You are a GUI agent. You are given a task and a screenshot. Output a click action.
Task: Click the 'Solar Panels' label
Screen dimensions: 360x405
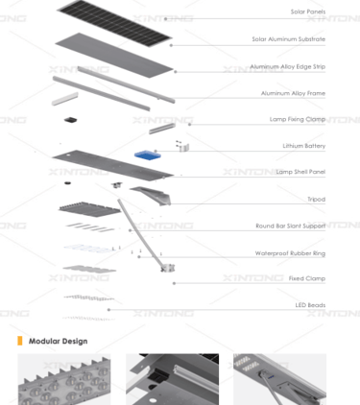308,12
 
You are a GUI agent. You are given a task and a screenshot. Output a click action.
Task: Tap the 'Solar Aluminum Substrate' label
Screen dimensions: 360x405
289,39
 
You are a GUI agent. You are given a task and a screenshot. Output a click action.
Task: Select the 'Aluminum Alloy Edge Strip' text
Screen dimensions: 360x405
288,66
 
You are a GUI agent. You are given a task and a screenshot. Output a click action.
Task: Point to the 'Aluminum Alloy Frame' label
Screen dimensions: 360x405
293,93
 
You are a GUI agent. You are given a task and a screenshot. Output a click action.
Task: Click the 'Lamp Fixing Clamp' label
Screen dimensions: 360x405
298,119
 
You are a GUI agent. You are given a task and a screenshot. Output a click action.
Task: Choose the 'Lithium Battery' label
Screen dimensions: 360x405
304,146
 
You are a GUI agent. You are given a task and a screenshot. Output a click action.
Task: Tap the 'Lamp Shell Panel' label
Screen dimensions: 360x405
300,172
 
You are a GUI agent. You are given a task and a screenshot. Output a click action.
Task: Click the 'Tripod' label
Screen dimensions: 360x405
317,200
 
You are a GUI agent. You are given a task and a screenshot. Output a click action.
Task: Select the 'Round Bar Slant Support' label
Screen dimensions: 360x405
291,226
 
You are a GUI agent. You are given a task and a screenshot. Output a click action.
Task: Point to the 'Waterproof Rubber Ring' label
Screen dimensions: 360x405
290,253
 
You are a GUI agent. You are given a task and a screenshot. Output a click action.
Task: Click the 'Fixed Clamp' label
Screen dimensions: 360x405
307,278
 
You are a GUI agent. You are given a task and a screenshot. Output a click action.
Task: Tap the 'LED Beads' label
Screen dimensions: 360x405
310,305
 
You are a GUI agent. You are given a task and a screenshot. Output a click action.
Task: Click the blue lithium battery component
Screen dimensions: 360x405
148,155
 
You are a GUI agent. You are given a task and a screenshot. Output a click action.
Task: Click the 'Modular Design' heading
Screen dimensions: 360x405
59,341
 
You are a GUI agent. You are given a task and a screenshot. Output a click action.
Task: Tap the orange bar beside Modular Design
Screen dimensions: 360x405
20,341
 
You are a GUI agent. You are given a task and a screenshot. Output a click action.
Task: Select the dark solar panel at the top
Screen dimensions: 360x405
114,22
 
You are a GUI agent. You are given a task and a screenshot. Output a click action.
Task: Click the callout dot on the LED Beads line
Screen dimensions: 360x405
108,310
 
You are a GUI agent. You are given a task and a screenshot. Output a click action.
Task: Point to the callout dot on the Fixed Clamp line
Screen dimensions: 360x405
174,283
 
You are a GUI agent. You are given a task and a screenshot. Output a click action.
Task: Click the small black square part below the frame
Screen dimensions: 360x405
71,120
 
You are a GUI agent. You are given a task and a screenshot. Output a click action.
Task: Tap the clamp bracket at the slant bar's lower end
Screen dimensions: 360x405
168,268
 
